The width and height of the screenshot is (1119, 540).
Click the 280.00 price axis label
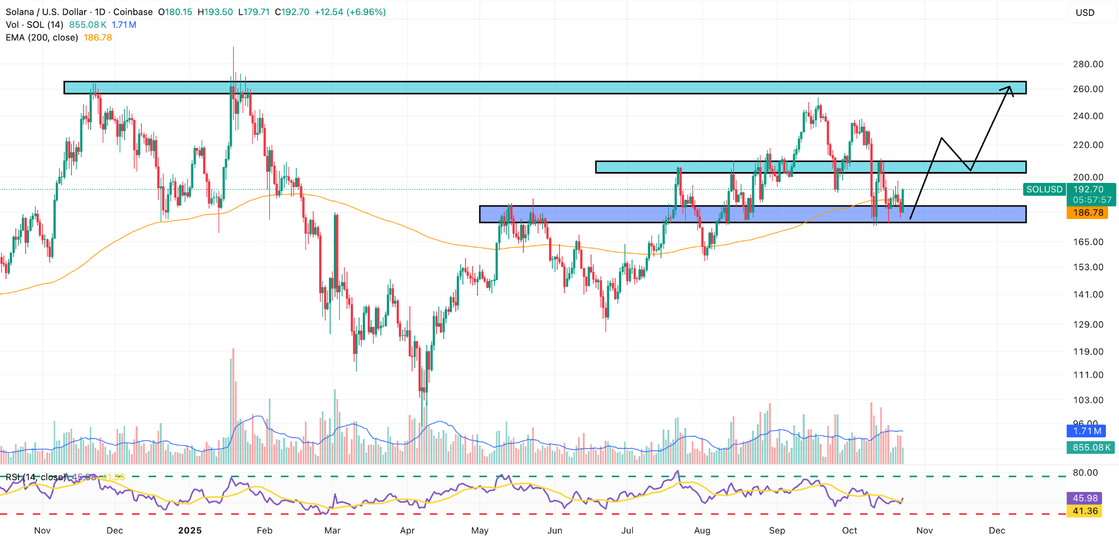pos(1088,64)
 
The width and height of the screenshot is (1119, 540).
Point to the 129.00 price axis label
pos(1088,324)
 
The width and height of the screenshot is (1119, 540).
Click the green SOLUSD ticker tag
pos(1044,189)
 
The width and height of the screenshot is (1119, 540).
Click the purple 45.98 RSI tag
pos(1085,498)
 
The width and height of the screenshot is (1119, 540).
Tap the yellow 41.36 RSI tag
pos(1085,511)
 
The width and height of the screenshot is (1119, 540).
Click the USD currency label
pos(1085,13)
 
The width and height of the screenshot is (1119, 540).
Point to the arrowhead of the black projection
pos(1009,88)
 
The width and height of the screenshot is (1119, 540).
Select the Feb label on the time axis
pos(264,530)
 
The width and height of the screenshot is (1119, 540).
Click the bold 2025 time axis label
pos(190,530)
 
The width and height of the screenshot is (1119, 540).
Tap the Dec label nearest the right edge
pos(997,530)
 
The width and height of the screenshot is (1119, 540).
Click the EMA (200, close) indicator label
pos(42,38)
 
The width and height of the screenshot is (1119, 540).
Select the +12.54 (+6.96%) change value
pos(350,12)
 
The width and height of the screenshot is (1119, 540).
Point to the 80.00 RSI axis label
pos(1085,473)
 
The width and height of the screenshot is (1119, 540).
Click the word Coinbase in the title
pos(134,12)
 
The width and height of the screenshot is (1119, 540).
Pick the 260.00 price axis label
pos(1088,89)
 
